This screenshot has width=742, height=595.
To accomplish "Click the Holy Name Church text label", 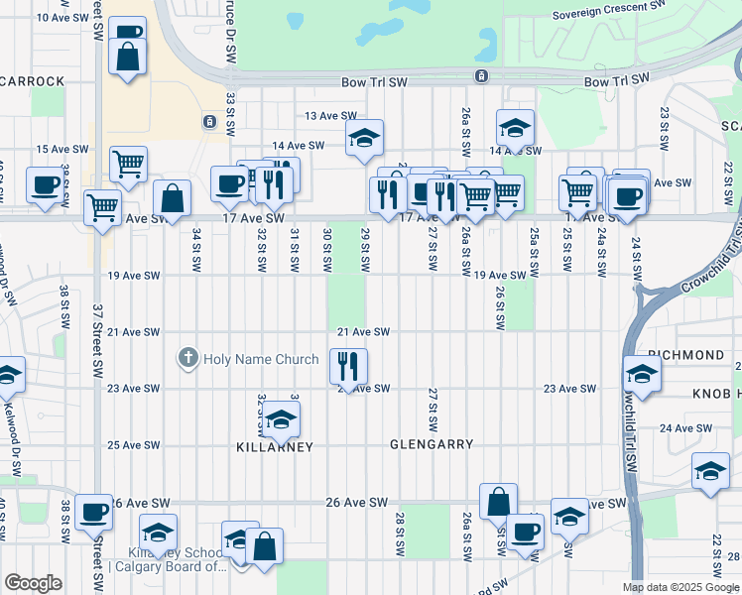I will point(261,358).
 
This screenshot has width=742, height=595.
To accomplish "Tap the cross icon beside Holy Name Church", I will point(187,357).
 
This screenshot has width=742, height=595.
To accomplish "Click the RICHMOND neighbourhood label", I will point(685,355).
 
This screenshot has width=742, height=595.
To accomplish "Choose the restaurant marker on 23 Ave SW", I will point(347,366).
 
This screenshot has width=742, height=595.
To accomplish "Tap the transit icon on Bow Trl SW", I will point(480,76).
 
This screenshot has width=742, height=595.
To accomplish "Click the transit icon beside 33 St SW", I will point(209,122).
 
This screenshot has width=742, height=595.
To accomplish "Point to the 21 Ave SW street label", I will point(363,332).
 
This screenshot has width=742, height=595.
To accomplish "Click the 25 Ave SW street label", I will point(133,445).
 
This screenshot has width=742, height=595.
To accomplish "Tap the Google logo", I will point(34,583).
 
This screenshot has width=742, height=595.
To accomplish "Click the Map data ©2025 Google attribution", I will point(680,587).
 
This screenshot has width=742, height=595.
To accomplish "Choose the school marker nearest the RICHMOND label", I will point(642,375).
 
